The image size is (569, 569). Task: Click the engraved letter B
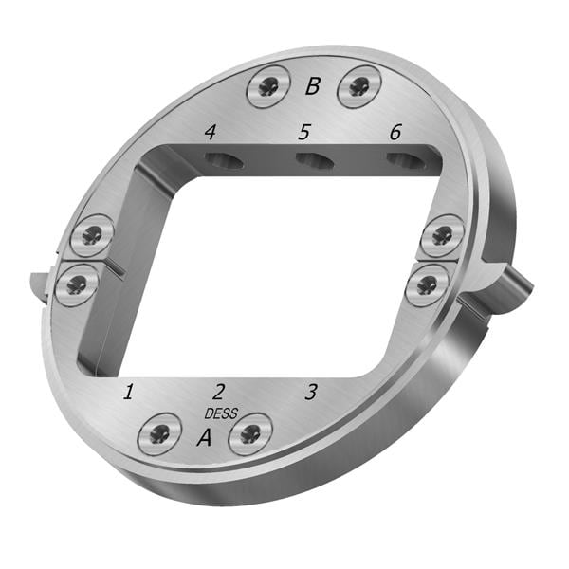(313, 86)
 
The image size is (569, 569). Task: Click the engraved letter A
(205, 437)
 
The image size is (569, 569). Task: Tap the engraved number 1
(128, 392)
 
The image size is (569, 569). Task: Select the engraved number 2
(218, 392)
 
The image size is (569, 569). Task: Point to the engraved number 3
(311, 392)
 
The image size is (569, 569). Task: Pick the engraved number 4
(211, 132)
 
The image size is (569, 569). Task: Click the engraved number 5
(304, 132)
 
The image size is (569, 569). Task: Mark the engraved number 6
(395, 132)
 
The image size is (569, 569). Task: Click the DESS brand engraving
(221, 413)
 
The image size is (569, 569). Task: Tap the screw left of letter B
(268, 87)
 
